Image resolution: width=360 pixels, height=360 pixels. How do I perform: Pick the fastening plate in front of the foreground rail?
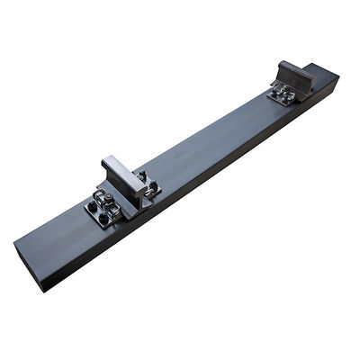coord(103,210)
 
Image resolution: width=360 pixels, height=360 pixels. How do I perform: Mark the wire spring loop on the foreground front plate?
coord(112,214)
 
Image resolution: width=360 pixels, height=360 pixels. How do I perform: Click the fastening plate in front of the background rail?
coord(282,94)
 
